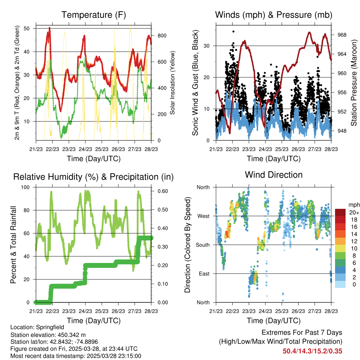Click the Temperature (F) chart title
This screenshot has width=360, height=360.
coord(94,15)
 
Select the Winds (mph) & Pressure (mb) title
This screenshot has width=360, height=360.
coord(274,15)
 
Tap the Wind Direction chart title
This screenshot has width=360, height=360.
coord(274,174)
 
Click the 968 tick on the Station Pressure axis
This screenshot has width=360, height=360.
coord(342,35)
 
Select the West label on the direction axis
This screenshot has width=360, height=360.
coord(204,216)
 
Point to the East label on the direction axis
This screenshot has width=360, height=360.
coord(204,274)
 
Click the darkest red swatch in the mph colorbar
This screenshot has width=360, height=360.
coord(341,212)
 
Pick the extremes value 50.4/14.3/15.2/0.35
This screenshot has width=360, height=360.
coord(312,351)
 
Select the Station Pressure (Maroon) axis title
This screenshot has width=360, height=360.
coord(354,83)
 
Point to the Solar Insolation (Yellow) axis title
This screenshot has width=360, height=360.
coord(173,83)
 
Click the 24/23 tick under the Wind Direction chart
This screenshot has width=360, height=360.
coord(265,311)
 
